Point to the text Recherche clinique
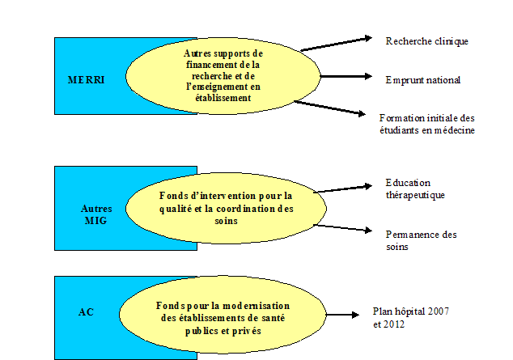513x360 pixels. [x=426, y=40]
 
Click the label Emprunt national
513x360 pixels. [x=423, y=80]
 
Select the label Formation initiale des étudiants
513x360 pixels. [x=426, y=124]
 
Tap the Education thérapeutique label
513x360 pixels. [x=415, y=188]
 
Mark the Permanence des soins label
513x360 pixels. [x=421, y=240]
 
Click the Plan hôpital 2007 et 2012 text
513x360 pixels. [x=410, y=317]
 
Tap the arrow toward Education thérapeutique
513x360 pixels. [x=343, y=188]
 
